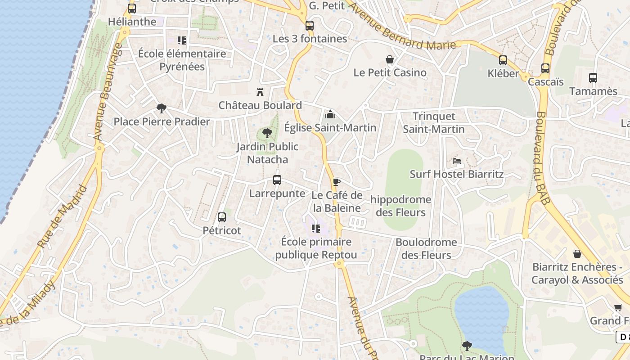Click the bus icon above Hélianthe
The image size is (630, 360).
point(131,8)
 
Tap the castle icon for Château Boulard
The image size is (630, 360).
point(260,92)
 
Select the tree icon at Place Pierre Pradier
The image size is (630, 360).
point(161,108)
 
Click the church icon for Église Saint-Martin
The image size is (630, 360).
point(330,114)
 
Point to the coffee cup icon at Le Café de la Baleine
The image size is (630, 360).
point(336,182)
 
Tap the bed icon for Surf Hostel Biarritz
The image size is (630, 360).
point(457,161)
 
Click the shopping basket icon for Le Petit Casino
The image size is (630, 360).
point(390,59)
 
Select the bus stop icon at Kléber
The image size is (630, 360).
point(503,60)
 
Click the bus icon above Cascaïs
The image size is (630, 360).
point(545,68)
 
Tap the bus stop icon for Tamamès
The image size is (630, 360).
point(593,77)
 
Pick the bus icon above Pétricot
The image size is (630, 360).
point(222,217)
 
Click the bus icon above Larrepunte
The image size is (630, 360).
point(277,180)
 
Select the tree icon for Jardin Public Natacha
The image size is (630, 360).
point(267,133)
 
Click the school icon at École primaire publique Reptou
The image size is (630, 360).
point(316,229)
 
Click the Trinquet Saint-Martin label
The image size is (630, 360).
point(434,123)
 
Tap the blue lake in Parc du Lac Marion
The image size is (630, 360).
point(481,315)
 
